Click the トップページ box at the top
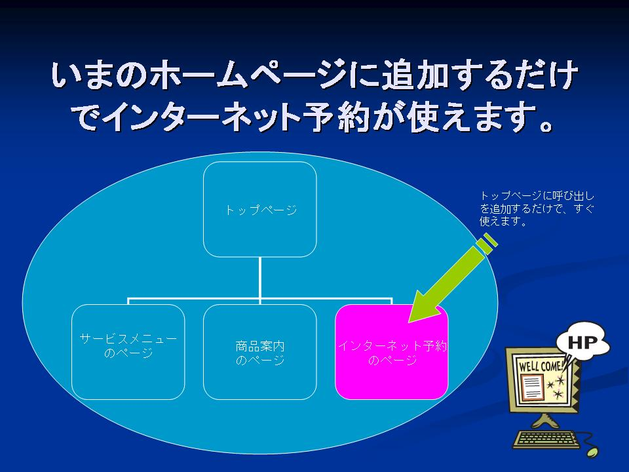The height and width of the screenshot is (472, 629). pyautogui.click(x=260, y=209)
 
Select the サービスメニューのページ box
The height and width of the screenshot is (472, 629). pyautogui.click(x=128, y=352)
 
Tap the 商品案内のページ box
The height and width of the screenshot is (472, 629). pyautogui.click(x=260, y=352)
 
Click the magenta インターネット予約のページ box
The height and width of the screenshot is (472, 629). pyautogui.click(x=392, y=352)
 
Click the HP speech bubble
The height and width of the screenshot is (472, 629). pyautogui.click(x=583, y=342)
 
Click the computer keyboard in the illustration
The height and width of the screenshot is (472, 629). pyautogui.click(x=546, y=439)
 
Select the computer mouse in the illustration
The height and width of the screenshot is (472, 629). pyautogui.click(x=592, y=452)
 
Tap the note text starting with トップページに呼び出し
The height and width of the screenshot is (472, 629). pyautogui.click(x=537, y=208)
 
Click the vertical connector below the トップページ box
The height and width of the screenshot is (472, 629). pyautogui.click(x=260, y=278)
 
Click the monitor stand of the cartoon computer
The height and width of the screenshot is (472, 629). pyautogui.click(x=544, y=422)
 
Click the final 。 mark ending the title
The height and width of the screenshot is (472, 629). pyautogui.click(x=546, y=125)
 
